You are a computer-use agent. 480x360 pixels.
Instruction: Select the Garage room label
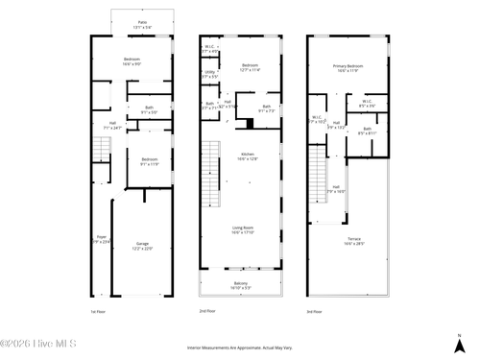(x=142, y=246)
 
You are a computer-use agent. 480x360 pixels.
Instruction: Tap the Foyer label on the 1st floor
(x=101, y=239)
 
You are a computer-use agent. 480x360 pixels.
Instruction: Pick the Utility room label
(x=210, y=73)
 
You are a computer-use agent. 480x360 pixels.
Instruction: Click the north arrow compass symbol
(x=457, y=342)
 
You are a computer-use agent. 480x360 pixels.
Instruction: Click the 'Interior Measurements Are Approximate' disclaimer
(x=240, y=348)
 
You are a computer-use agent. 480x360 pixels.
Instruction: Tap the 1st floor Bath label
(x=149, y=110)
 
